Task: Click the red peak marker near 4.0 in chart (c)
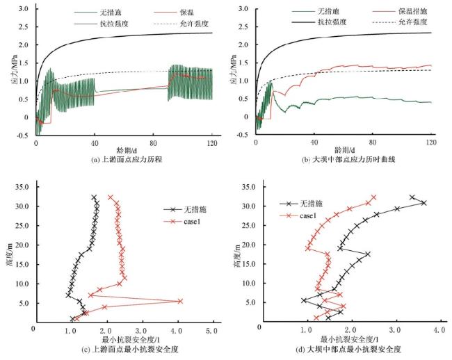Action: click(x=180, y=301)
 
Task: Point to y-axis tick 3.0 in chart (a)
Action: click(x=22, y=9)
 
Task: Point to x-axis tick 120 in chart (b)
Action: click(x=431, y=143)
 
